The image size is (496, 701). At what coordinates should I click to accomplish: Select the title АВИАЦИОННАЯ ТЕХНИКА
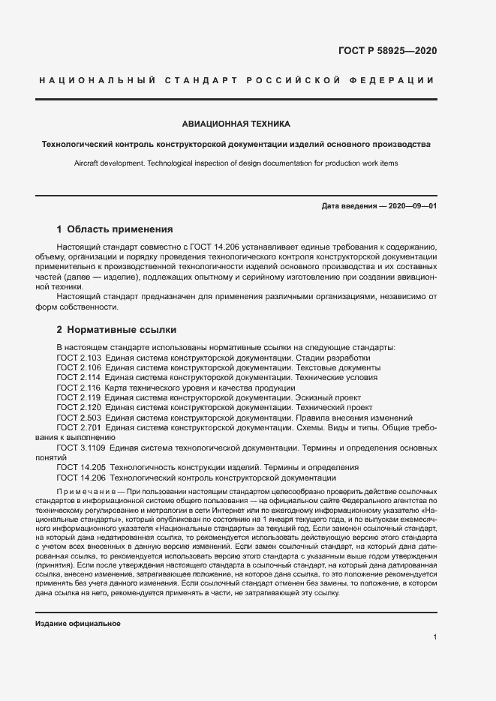point(236,124)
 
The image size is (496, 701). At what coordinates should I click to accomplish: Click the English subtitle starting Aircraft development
point(236,163)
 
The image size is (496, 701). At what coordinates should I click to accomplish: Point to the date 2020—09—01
point(410,205)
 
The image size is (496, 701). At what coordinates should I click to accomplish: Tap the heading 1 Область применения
point(115,229)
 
